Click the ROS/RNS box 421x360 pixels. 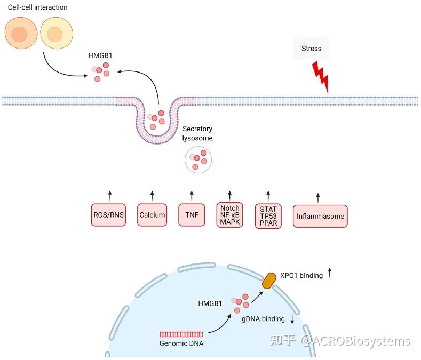coord(109,215)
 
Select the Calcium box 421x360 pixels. coord(152,215)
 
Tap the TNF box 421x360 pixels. coord(192,215)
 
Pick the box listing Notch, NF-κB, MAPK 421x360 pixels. coord(230,215)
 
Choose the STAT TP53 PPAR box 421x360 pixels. coord(268,216)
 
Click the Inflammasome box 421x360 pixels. coord(320,217)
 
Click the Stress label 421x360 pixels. coord(312,49)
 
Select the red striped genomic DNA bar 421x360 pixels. coord(181,334)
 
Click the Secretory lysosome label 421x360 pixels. coord(197,133)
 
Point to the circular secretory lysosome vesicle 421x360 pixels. coord(198,160)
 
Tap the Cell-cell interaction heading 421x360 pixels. coord(37,7)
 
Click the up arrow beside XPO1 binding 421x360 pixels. coord(330,274)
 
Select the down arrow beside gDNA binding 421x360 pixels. coord(292,319)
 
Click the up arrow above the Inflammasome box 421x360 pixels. coord(319,197)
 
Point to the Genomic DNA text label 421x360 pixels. coord(181,343)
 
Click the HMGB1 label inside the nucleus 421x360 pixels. coord(210,303)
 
